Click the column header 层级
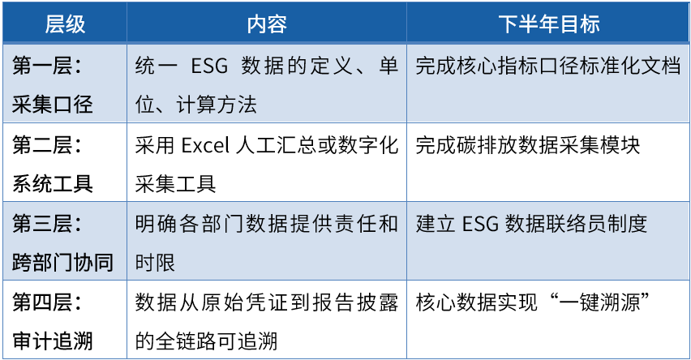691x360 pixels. [65, 24]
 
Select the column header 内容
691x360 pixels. [267, 24]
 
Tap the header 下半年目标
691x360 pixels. [548, 24]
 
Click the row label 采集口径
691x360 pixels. [53, 105]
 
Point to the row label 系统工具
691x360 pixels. [53, 184]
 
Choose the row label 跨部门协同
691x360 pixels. [62, 263]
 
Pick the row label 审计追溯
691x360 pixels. [53, 341]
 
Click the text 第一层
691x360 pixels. [42, 66]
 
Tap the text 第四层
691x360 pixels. [42, 302]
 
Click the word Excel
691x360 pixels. [205, 145]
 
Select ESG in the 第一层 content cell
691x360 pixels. [209, 66]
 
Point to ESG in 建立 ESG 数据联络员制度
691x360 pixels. [480, 224]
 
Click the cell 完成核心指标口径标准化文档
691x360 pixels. [548, 66]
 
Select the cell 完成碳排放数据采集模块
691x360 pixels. [527, 144]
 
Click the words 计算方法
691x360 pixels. [217, 105]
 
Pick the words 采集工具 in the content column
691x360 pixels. [175, 184]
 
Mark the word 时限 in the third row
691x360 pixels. [155, 263]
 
